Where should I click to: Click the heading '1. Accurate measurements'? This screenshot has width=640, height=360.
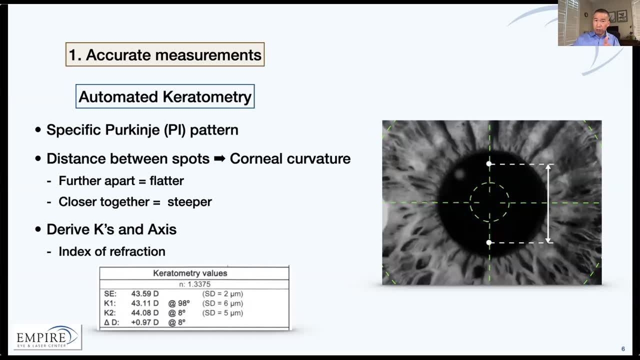165,54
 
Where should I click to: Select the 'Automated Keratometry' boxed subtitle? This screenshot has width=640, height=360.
165,96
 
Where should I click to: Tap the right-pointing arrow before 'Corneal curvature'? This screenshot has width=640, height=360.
219,159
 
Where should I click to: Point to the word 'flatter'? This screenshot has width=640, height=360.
166,180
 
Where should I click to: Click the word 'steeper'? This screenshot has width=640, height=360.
189,201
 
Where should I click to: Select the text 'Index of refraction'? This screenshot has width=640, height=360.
111,251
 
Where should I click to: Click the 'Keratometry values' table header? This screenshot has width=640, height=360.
190,273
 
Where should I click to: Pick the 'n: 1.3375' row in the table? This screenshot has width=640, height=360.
194,284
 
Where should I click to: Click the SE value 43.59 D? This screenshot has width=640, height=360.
145,293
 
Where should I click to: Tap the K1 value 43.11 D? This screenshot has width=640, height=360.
145,303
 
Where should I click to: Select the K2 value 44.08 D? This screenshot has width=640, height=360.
145,313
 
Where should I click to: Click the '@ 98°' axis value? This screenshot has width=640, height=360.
179,303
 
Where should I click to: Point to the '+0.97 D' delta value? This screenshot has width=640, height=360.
145,322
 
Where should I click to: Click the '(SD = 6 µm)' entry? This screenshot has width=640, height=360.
222,303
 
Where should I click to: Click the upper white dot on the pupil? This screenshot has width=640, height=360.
489,164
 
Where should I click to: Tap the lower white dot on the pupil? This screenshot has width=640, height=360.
489,242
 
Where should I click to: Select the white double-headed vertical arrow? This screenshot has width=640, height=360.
548,203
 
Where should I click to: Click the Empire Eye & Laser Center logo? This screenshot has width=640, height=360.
47,337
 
